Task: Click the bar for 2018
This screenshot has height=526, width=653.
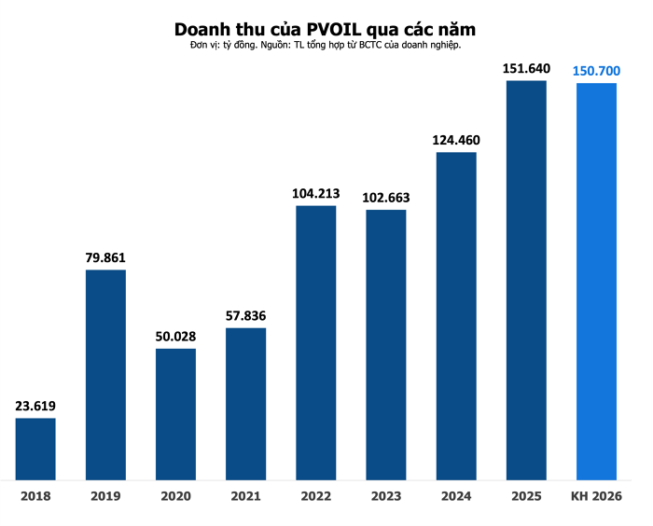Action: pos(35,449)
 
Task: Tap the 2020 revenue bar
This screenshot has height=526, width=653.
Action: pos(175,414)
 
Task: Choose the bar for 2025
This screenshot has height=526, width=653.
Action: pos(526,280)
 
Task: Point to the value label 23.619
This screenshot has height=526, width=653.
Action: pos(35,406)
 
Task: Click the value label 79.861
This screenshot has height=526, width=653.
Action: pos(105,257)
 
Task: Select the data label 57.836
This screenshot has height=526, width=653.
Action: pos(246,315)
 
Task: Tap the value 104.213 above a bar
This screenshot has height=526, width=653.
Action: pos(316,193)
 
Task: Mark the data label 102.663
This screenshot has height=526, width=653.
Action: pos(385,197)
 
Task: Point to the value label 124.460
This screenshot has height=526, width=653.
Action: pos(456,140)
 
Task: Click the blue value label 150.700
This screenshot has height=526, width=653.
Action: pos(596,71)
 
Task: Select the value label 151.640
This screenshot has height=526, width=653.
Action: pos(526,68)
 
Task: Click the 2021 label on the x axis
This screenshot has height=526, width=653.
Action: pos(246,496)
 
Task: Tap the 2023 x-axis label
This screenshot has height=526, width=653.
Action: pos(385,496)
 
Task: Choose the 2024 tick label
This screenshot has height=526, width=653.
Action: pos(456,496)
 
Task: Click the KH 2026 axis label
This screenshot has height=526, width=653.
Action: pos(596,496)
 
